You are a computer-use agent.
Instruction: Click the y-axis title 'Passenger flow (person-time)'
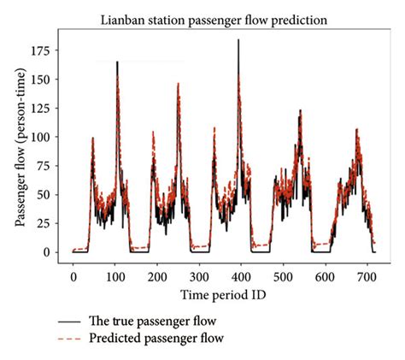18,145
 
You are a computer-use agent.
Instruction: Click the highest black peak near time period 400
238,40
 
